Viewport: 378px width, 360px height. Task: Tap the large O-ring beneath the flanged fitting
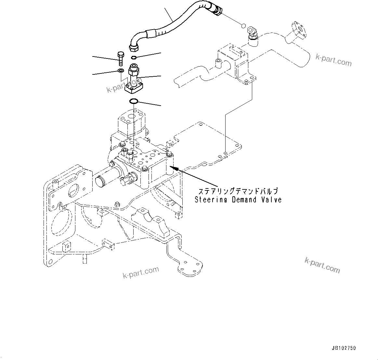click(134, 101)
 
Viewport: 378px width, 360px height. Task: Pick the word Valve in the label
click(271, 200)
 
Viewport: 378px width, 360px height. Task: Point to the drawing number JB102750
click(344, 348)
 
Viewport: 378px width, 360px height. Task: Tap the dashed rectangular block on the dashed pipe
click(232, 60)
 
